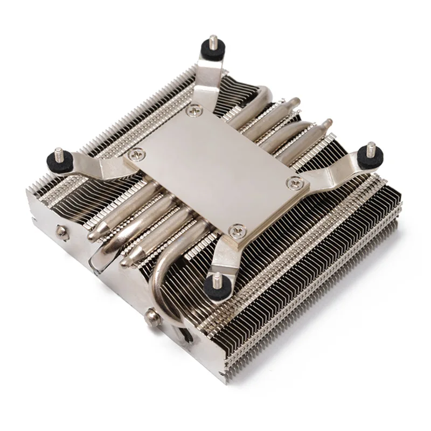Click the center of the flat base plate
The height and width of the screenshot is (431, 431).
pos(215,170)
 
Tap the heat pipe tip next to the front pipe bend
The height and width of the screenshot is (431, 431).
pos(126,261)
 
